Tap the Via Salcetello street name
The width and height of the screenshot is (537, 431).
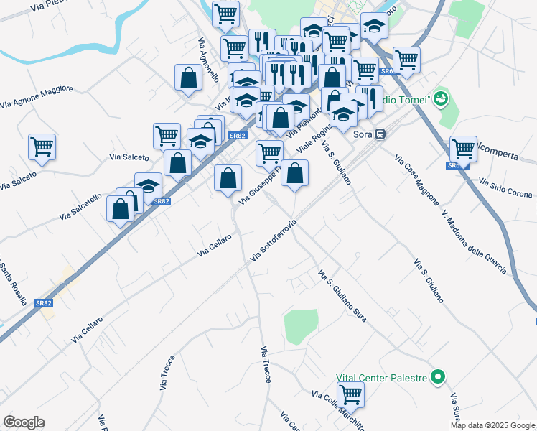81,205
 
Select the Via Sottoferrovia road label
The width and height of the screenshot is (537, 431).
274,241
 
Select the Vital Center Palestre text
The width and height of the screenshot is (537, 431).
381,377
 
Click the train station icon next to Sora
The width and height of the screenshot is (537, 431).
380,134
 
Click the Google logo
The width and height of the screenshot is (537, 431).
24,422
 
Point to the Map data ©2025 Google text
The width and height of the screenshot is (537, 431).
492,425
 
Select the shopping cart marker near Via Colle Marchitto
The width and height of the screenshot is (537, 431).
350,394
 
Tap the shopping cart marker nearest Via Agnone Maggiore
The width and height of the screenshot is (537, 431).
42,147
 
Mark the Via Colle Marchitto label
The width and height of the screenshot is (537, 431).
338,409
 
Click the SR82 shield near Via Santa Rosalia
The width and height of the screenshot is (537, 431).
44,303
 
